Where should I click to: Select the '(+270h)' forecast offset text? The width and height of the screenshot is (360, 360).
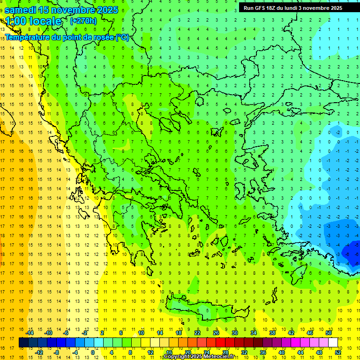pyautogui.click(x=83, y=21)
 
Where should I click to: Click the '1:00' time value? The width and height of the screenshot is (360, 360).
pyautogui.click(x=15, y=21)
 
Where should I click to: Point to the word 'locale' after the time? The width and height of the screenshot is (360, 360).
pyautogui.click(x=45, y=21)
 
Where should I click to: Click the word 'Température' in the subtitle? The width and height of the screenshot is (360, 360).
pyautogui.click(x=28, y=37)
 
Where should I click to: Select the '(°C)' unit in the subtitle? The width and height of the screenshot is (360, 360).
pyautogui.click(x=122, y=37)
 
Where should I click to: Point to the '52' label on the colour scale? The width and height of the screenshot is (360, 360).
pyautogui.click(x=338, y=352)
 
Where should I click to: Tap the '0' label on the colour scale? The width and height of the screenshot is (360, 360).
pyautogui.click(x=93, y=352)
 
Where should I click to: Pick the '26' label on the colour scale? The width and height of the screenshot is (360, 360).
pyautogui.click(x=216, y=333)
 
